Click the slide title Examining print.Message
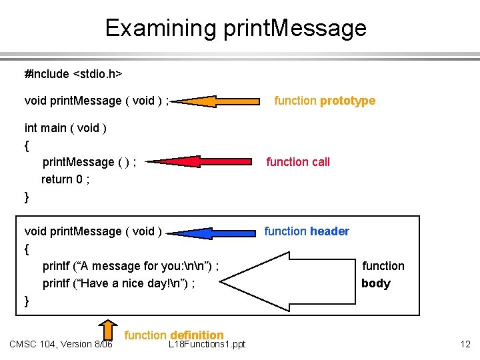[x=235, y=28]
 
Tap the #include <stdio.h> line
[x=73, y=72]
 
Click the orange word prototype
[x=347, y=101]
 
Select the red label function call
[x=297, y=162]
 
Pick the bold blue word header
[x=329, y=231]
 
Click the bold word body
[x=375, y=283]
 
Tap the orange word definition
[x=197, y=335]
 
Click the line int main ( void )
[x=66, y=127]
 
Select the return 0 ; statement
[x=65, y=179]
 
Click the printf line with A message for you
[x=131, y=266]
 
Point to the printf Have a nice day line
[x=119, y=283]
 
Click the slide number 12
[x=465, y=344]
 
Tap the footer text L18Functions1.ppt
[x=207, y=345]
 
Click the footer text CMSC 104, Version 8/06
[x=61, y=344]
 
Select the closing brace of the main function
[x=27, y=197]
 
